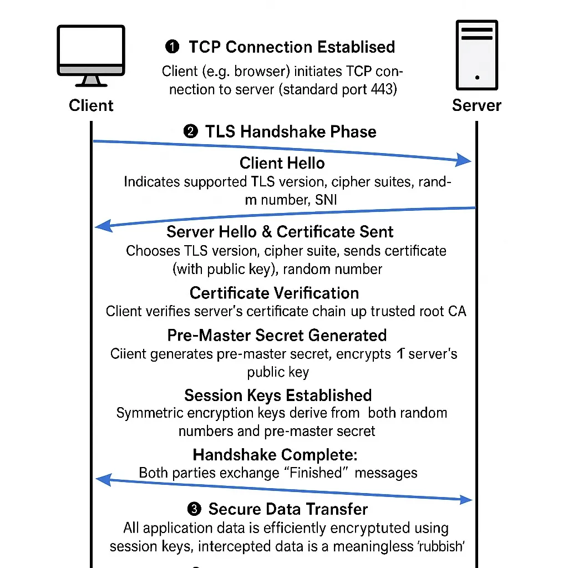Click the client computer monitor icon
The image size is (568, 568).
coord(91,56)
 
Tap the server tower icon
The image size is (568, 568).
coord(476,55)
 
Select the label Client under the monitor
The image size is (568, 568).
coord(91,105)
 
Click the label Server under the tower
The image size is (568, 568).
coord(476,105)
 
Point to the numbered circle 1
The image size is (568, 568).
coord(172,47)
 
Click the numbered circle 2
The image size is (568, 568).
coord(191,131)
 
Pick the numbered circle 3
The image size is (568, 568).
coord(194,509)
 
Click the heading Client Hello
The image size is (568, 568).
coord(282,163)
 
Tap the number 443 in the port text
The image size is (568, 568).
coord(382,89)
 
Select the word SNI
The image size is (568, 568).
coord(326,200)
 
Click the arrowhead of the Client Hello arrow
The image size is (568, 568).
coord(464,160)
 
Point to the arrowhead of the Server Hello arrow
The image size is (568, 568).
coord(103,226)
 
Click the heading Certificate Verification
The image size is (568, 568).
coord(274,293)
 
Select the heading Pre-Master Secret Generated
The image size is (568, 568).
coord(277,336)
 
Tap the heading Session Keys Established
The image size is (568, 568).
coord(278,395)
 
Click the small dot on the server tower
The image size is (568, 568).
coord(477,77)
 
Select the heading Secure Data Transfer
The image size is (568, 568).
coord(288,509)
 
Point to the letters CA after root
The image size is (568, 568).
coord(457,311)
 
